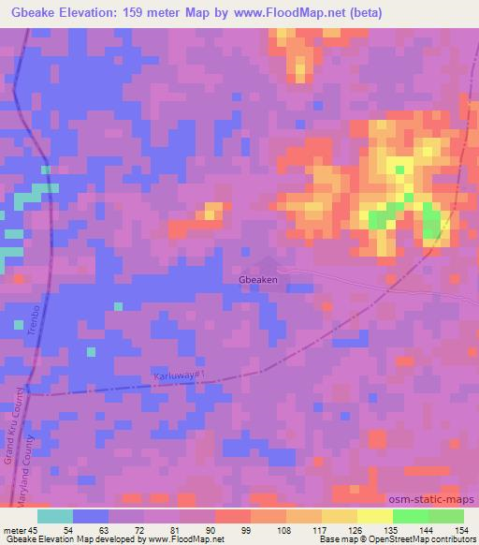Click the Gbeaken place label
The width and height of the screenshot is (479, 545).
(x=258, y=279)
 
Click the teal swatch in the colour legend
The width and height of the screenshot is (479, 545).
(x=55, y=516)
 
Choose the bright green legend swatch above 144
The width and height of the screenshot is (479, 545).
(x=411, y=516)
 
